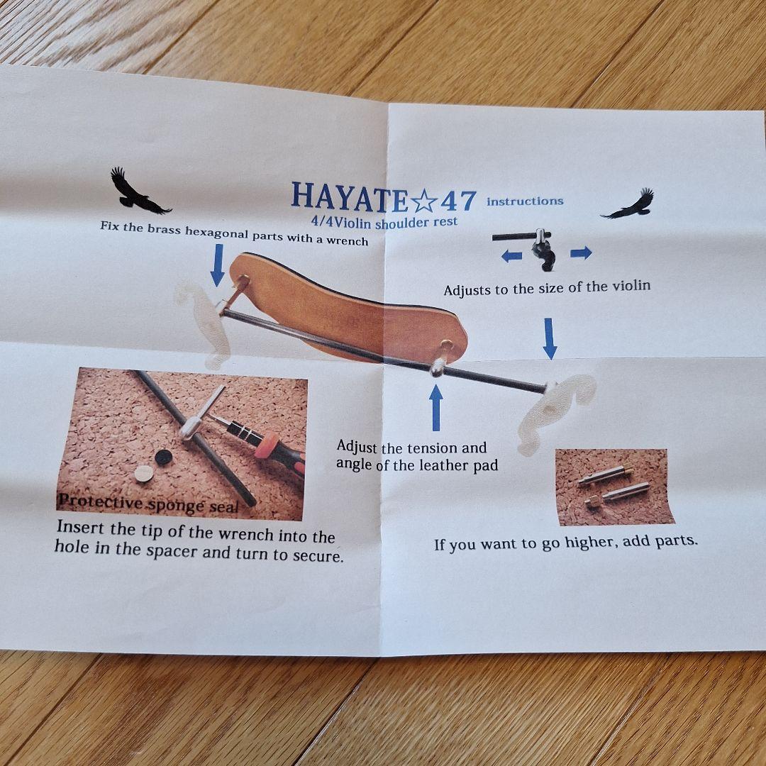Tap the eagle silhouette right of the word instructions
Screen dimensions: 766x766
(x=629, y=204)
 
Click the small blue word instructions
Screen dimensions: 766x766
(x=525, y=201)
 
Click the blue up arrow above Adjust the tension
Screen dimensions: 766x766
(x=435, y=407)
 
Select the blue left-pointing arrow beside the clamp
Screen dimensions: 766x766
(x=511, y=256)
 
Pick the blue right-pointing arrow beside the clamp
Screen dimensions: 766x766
(x=581, y=252)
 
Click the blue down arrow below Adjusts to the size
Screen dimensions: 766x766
(x=550, y=338)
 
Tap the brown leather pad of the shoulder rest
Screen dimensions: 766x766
(x=340, y=305)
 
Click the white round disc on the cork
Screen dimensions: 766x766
(x=144, y=473)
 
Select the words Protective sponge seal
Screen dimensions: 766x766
(x=148, y=503)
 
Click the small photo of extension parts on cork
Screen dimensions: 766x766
(x=614, y=487)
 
